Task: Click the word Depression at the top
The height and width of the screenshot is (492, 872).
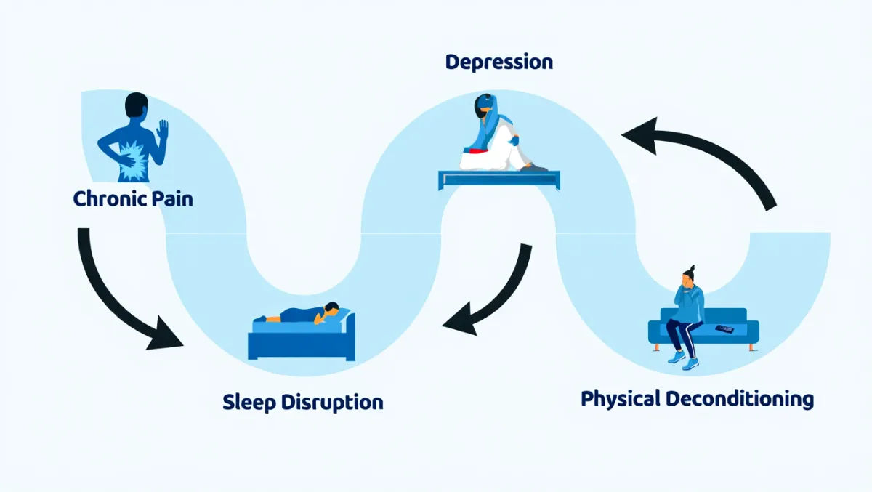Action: tap(498, 62)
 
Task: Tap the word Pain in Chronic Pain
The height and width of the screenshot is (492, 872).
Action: tap(173, 198)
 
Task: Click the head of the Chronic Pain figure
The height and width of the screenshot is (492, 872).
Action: tap(137, 105)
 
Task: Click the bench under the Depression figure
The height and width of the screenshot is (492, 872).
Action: tap(499, 177)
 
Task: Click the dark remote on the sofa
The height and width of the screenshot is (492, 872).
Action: tap(724, 329)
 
